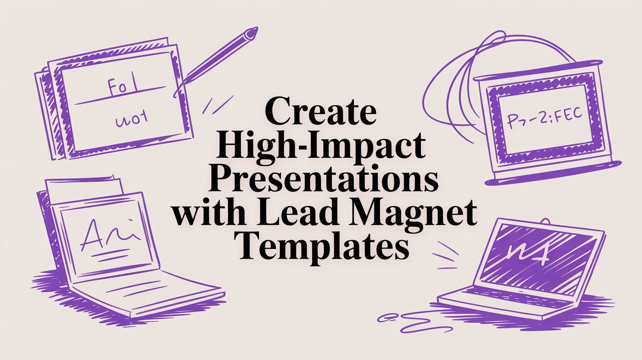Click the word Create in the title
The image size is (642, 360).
point(321,114)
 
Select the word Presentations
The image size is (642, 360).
point(321,181)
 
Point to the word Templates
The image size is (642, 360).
point(321,247)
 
